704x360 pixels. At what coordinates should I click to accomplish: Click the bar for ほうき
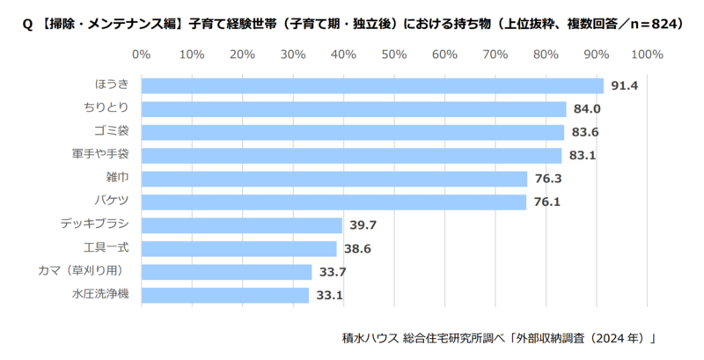(x=371, y=85)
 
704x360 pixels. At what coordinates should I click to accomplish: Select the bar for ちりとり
(x=353, y=109)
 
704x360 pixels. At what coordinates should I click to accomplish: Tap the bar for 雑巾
(x=334, y=179)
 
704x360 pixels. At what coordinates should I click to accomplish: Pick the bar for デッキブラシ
(x=241, y=225)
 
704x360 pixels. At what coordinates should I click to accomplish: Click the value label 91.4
(x=623, y=86)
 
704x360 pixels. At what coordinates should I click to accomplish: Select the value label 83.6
(x=583, y=133)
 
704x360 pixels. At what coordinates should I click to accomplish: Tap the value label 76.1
(x=546, y=202)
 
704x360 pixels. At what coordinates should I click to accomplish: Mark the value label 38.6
(x=356, y=249)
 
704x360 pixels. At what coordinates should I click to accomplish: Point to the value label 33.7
(x=332, y=272)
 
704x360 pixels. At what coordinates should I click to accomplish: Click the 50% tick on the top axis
(x=393, y=55)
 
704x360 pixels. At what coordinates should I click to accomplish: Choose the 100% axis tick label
(x=647, y=55)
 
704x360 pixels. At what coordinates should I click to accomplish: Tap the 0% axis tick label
(x=141, y=55)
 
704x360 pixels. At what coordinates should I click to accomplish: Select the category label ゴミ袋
(x=112, y=132)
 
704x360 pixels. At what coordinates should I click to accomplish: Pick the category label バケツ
(x=112, y=202)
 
